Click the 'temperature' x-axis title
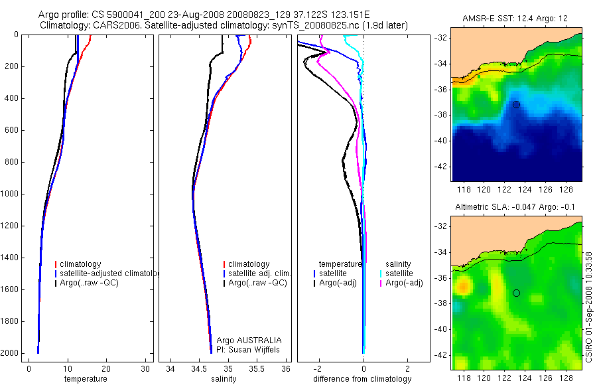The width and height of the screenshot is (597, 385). pyautogui.click(x=85, y=379)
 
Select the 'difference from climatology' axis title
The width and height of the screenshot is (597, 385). pyautogui.click(x=362, y=379)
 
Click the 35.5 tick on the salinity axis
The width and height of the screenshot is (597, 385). pyautogui.click(x=257, y=368)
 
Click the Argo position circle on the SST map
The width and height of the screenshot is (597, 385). pyautogui.click(x=516, y=104)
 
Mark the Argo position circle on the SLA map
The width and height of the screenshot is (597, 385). pyautogui.click(x=516, y=293)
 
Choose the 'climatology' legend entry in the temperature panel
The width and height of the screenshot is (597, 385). pyautogui.click(x=83, y=264)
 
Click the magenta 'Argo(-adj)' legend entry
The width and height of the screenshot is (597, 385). pyautogui.click(x=404, y=283)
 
